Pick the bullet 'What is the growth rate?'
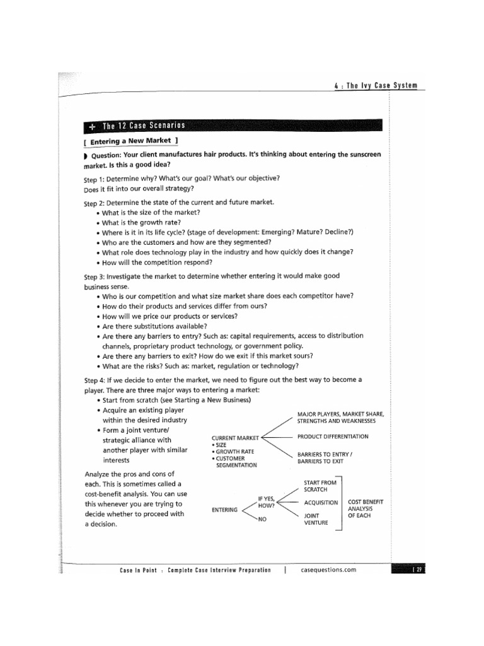[142, 222]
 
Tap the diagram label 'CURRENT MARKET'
[235, 437]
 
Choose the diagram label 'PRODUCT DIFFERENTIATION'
[333, 437]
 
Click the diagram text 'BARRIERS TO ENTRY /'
[325, 454]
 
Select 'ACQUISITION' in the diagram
[321, 502]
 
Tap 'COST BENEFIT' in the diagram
[366, 502]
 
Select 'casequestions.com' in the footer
[329, 570]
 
